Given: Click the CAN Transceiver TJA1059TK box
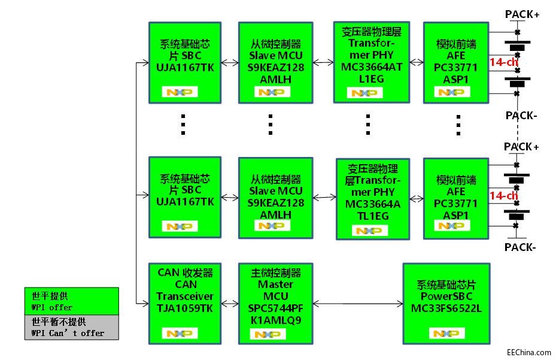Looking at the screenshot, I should click(184, 303).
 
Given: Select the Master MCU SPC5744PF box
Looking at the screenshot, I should click(275, 303).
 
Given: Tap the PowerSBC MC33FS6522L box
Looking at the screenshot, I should click(446, 303).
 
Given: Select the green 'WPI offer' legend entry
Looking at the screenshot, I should click(71, 301).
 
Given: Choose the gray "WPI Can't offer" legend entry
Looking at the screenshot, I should click(71, 328).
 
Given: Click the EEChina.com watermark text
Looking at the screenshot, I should click(528, 352).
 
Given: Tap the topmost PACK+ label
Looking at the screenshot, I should click(522, 14).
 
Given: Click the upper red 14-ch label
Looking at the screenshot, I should click(503, 62).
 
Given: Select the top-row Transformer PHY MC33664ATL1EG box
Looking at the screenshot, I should click(371, 62).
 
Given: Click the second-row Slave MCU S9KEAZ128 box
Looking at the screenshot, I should click(275, 196).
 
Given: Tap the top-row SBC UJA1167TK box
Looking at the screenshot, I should click(184, 62).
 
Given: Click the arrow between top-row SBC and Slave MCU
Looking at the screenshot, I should click(230, 62).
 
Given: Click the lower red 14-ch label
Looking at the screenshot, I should click(503, 195).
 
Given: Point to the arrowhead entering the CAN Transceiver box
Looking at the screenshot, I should click(145, 303).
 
